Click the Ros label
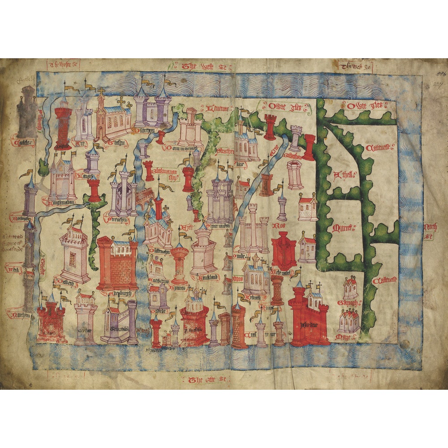tap(281, 225)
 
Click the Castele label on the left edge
tap(25, 143)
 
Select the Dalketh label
tap(69, 279)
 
